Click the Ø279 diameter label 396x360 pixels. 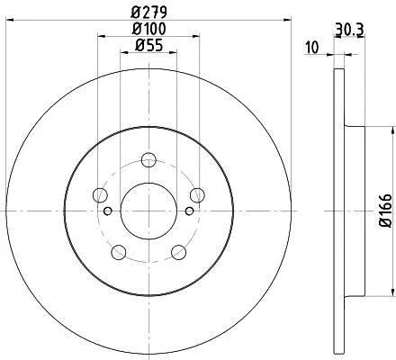coord(149,13)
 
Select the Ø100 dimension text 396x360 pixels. coord(149,29)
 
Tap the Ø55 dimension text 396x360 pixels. coord(149,45)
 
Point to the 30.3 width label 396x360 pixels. coord(349,30)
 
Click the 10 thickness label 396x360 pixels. coord(312,48)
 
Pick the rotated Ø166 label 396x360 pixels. coord(386,211)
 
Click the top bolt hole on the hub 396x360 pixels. coord(148,159)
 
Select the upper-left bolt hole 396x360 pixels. coord(100,195)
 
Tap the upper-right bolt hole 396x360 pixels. coord(197,195)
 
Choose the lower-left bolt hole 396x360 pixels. coord(119,252)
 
